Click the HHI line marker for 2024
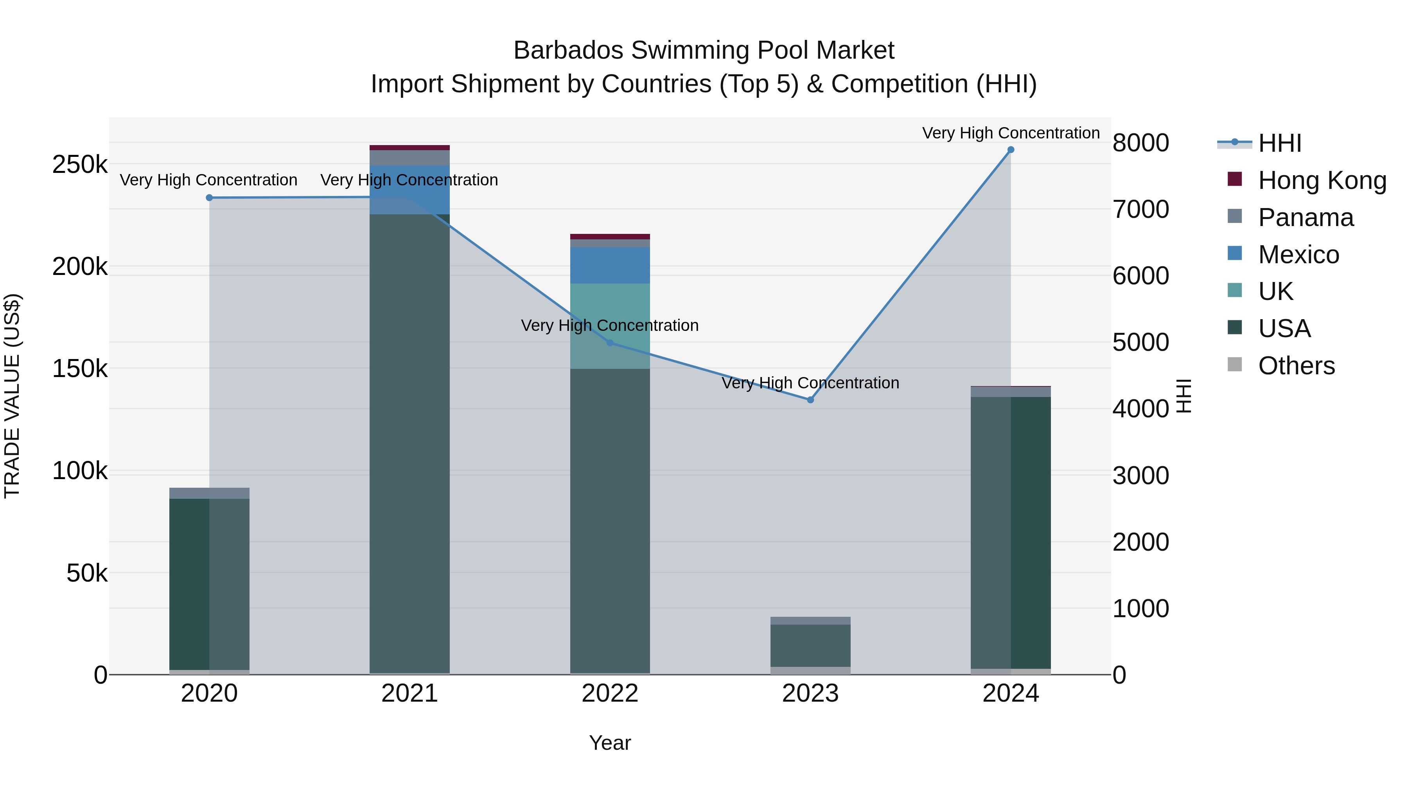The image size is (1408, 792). pos(1011,150)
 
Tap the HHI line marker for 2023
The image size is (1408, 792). pos(811,400)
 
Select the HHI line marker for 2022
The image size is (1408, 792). pos(610,343)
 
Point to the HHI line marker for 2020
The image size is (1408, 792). pos(209,198)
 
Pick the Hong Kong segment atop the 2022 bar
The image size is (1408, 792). pos(610,237)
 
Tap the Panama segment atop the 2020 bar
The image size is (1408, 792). pos(209,493)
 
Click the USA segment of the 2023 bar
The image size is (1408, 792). pos(811,645)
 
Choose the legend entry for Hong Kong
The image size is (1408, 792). pos(1322,180)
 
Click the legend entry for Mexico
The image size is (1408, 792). pos(1298,255)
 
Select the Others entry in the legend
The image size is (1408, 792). pos(1297,366)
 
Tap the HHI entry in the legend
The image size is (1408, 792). pos(1280,143)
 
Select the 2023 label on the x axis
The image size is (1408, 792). pos(811,693)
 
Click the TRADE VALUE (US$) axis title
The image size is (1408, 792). pos(12,396)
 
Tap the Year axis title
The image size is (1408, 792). pos(610,743)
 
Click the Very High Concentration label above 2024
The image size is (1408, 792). pos(1011,133)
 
